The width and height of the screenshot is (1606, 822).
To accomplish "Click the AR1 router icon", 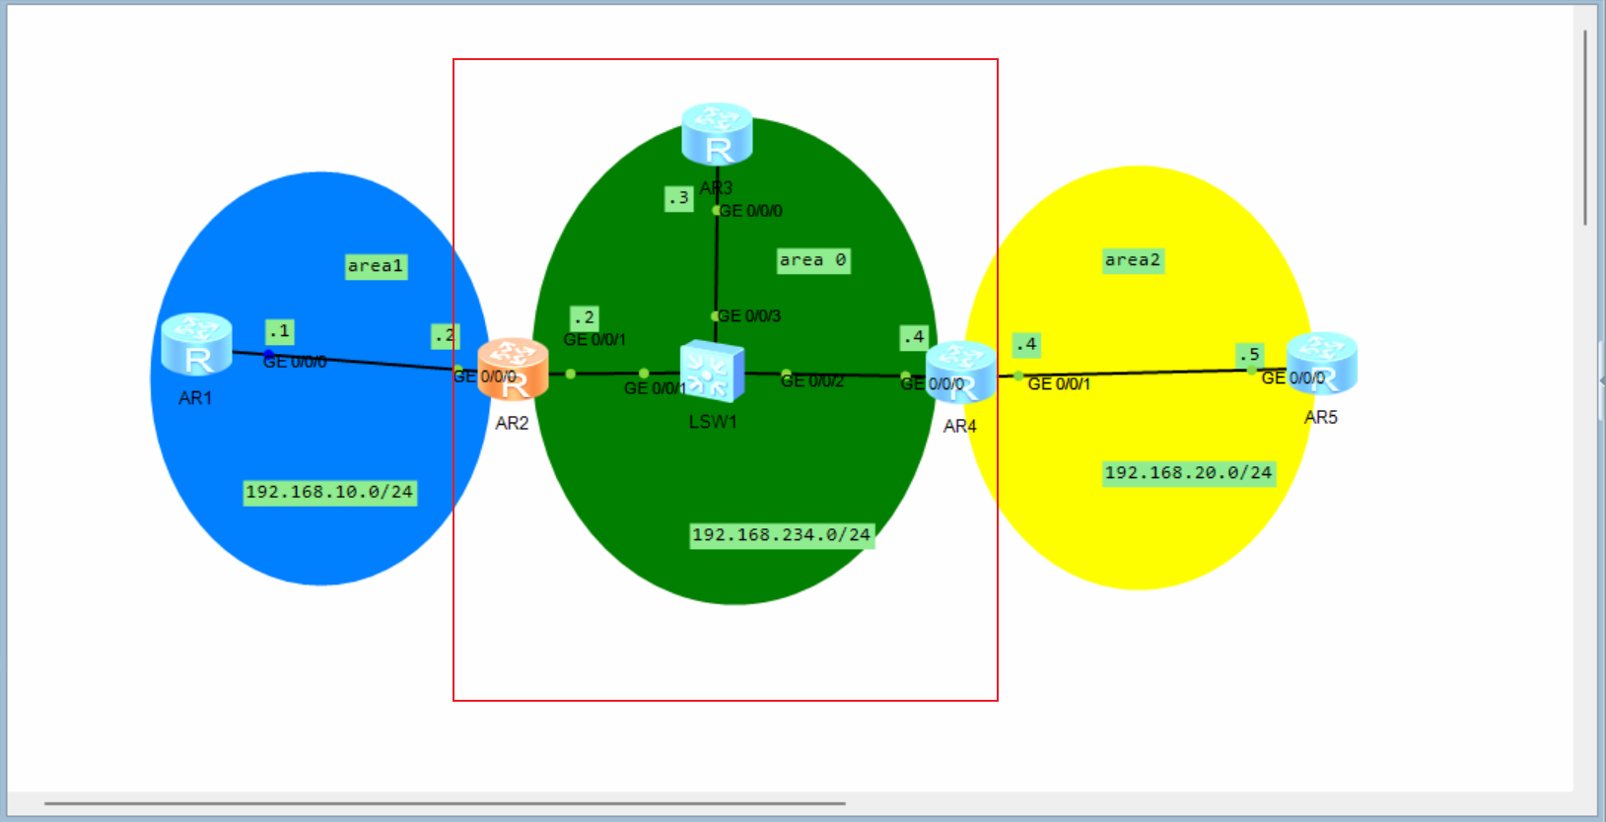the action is click(196, 345).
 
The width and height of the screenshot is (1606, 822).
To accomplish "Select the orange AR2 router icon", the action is click(513, 370).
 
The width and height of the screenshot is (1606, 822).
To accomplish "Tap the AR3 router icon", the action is click(717, 134).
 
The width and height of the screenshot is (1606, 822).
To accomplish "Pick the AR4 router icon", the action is click(960, 373).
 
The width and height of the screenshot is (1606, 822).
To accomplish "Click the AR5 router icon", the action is click(1321, 364).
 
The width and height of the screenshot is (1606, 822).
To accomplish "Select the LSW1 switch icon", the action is click(712, 372).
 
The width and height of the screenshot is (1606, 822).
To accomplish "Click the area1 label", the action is click(376, 266).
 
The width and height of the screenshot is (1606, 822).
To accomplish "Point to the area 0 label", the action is click(812, 260).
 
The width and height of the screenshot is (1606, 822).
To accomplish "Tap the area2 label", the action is click(1133, 260).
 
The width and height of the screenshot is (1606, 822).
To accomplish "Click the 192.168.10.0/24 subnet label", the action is click(329, 492).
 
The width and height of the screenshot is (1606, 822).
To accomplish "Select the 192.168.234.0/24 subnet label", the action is click(781, 535).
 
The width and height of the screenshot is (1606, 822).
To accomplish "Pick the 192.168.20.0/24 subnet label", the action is click(1188, 473).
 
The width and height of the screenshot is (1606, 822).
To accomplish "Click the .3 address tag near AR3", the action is click(678, 198).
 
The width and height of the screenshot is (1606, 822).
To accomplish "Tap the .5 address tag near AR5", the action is click(1249, 354).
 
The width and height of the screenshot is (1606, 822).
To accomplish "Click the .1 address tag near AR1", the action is click(280, 331).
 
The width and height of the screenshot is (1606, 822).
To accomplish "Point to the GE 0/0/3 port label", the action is click(749, 316).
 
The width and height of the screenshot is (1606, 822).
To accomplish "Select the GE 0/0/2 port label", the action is click(812, 381).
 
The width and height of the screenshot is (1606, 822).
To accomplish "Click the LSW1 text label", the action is click(713, 422).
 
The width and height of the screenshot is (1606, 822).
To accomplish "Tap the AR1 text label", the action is click(195, 398).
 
